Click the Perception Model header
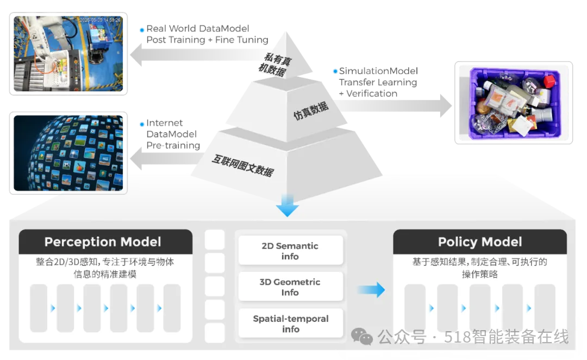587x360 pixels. (x=103, y=242)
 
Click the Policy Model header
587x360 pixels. (x=480, y=242)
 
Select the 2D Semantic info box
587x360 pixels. (x=290, y=251)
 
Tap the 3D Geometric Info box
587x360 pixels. (x=290, y=287)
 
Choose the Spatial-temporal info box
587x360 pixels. (x=290, y=324)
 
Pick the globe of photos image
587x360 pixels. (x=69, y=152)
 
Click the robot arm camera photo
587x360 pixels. (x=69, y=52)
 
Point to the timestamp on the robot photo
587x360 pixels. (x=101, y=20)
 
